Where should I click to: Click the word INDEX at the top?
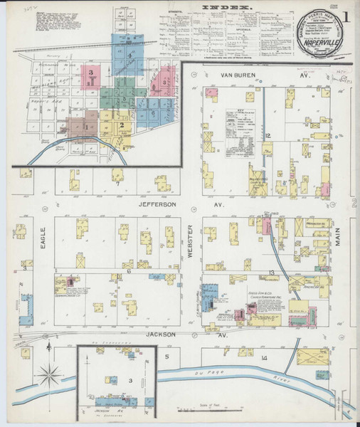228,8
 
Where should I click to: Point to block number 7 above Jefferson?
117,184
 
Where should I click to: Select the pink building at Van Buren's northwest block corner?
209,92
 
